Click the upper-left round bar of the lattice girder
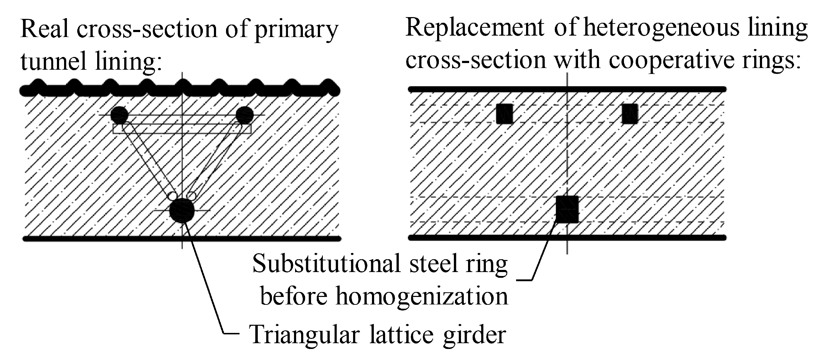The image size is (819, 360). click(119, 115)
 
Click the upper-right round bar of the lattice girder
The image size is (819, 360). click(245, 115)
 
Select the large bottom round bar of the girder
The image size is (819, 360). click(182, 210)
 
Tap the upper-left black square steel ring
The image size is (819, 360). click(505, 114)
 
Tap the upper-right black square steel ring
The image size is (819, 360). click(630, 114)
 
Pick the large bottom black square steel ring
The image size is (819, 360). click(567, 209)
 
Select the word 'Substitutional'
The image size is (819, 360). click(327, 264)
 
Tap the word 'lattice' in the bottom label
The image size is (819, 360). click(401, 334)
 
